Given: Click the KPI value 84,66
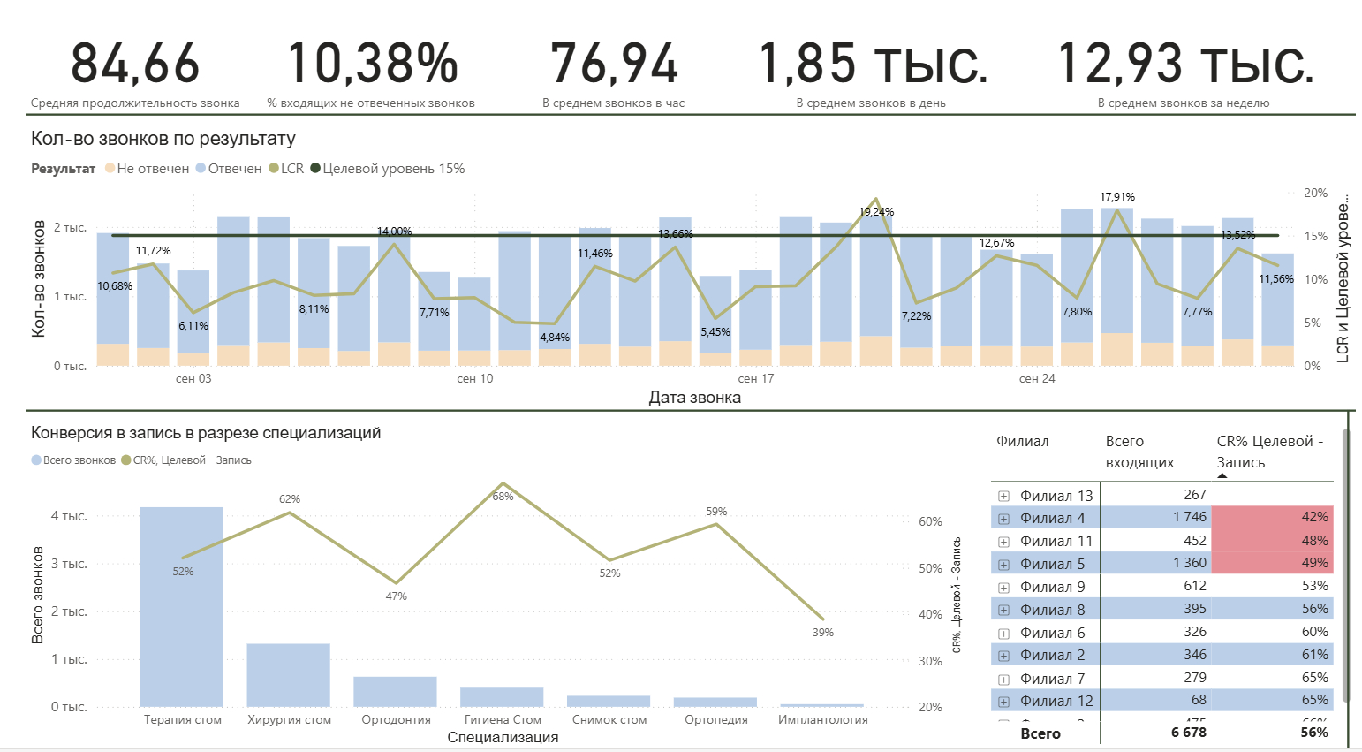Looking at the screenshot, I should (x=135, y=64).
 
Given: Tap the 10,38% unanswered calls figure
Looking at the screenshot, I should (x=372, y=64).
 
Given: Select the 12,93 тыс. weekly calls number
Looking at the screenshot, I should (x=1184, y=64).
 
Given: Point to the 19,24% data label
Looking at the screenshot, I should (x=876, y=212).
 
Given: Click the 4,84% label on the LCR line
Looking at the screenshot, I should (x=555, y=338).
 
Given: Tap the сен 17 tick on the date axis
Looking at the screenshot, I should (x=756, y=379).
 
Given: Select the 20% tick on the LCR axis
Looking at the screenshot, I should (x=1315, y=193).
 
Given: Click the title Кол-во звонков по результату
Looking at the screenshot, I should (x=163, y=139).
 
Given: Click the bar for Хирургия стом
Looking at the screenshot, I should (x=288, y=675).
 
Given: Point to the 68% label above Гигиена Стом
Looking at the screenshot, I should (x=503, y=497).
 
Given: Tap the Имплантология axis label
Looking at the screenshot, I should (x=822, y=720).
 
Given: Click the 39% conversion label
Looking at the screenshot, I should (x=822, y=633).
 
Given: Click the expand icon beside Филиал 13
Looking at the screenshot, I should (x=1003, y=497).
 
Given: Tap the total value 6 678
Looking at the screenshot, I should (x=1188, y=733).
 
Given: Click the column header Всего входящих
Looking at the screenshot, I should (x=1139, y=452).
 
